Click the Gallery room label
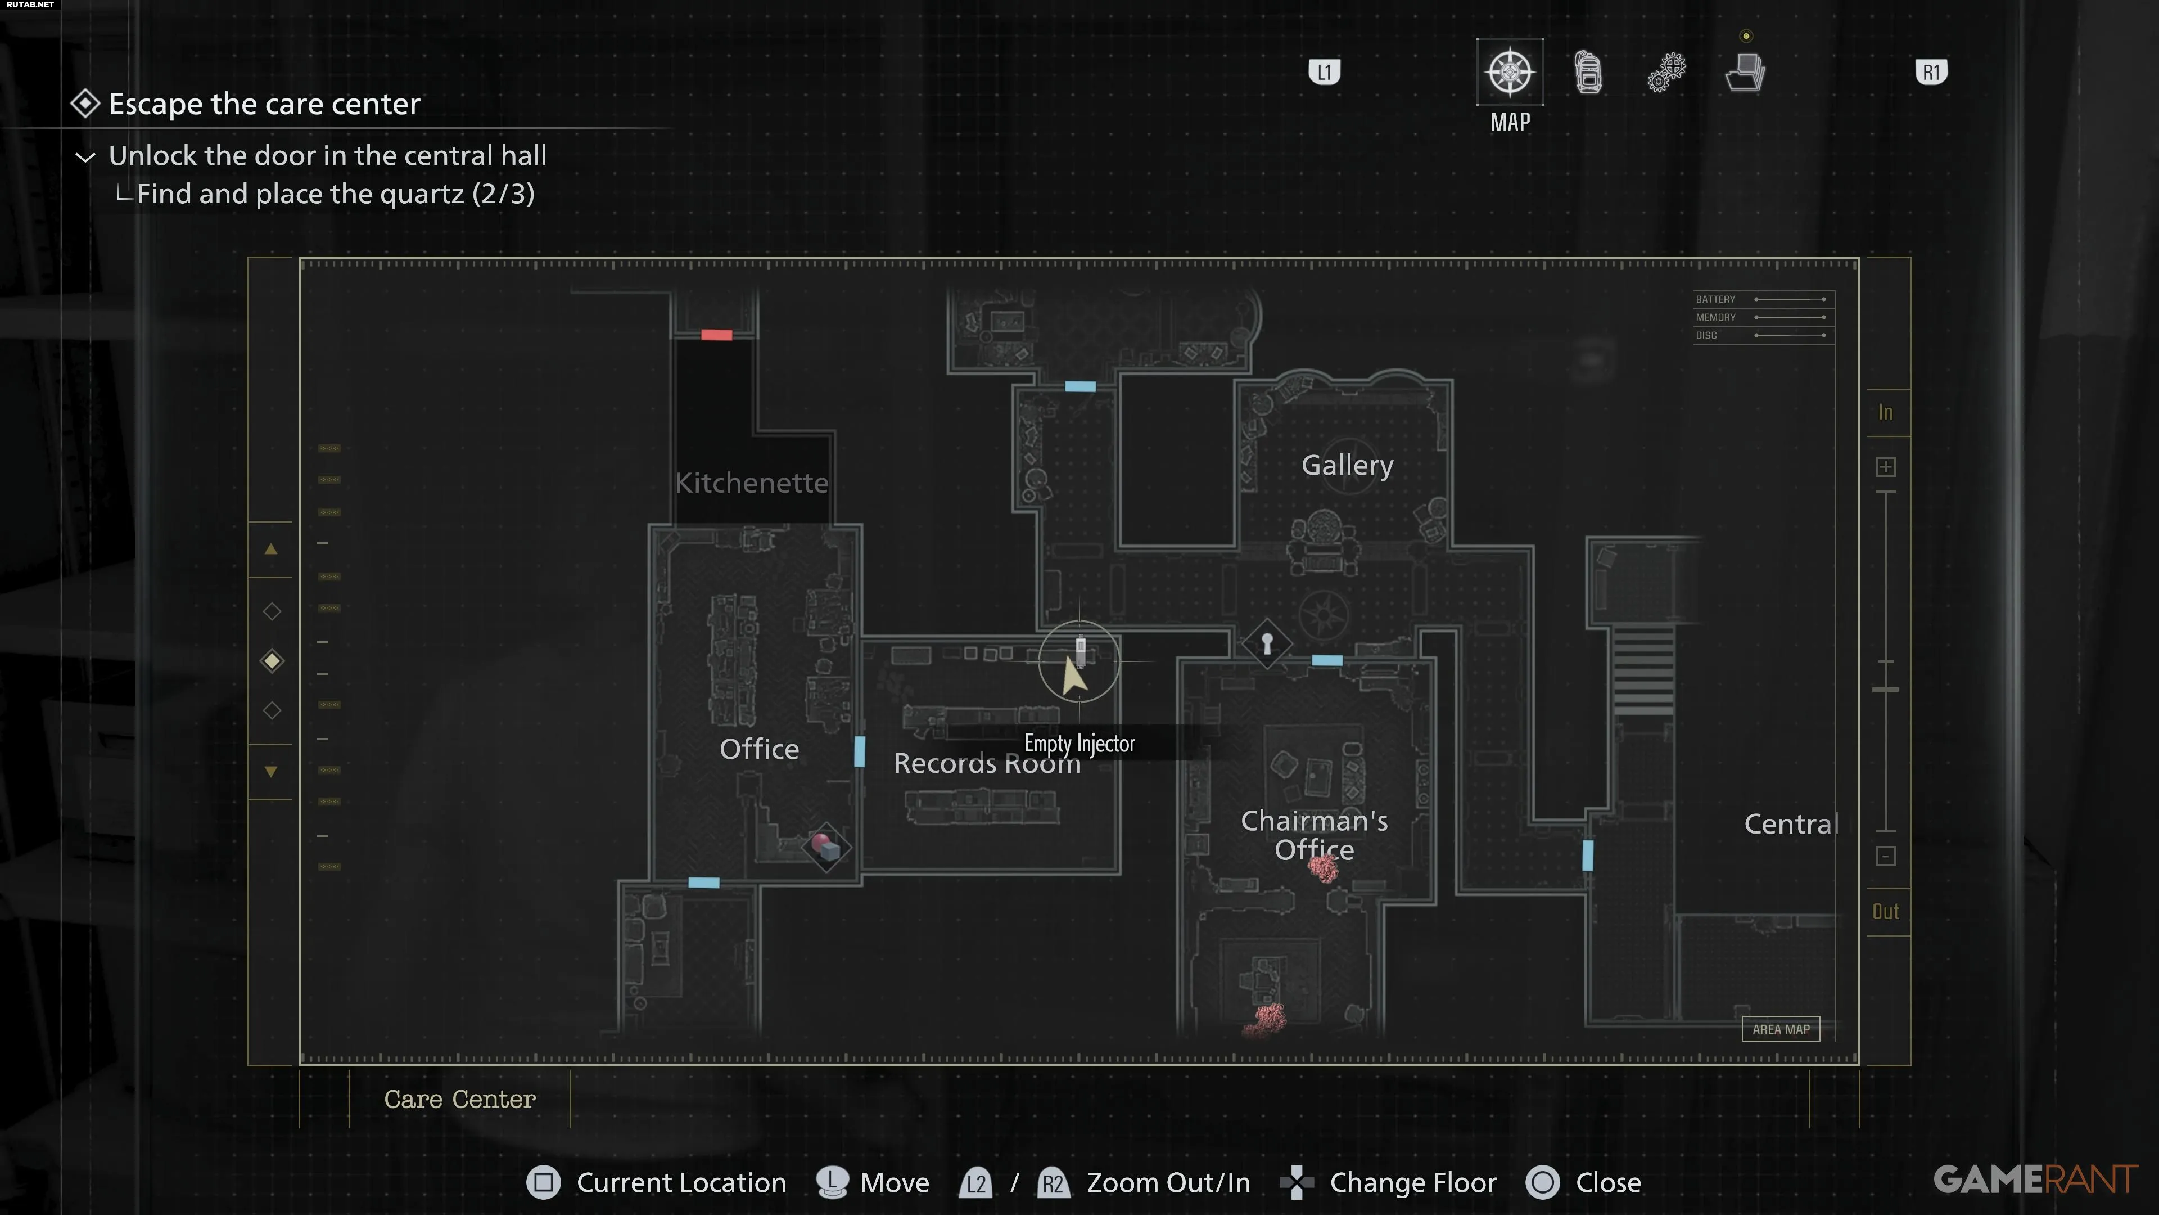click(1347, 465)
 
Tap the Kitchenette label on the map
click(751, 483)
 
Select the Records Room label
click(987, 764)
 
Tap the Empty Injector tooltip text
click(1079, 744)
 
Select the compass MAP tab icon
click(1510, 72)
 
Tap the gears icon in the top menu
click(1666, 72)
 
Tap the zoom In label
click(1885, 412)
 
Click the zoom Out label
click(1885, 911)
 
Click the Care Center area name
click(459, 1099)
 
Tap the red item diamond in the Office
click(825, 847)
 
